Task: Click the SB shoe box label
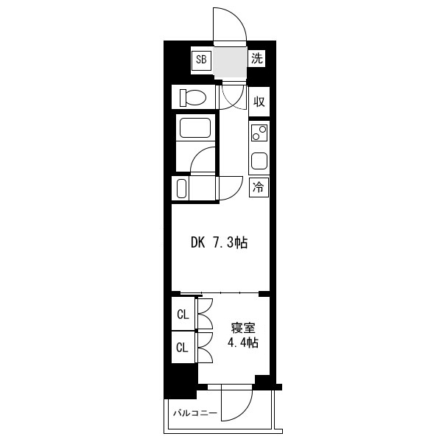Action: pos(201,60)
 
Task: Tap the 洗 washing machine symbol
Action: pos(256,59)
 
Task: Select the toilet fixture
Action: pos(193,97)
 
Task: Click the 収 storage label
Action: pos(259,102)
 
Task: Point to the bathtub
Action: pos(195,128)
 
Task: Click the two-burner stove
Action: pos(259,133)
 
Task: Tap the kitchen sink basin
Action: pos(259,161)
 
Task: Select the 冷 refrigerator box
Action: pos(259,187)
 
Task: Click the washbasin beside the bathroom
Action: pos(182,189)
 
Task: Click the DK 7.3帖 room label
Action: pos(220,242)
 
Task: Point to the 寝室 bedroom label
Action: pos(243,329)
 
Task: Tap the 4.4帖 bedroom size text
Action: pos(243,343)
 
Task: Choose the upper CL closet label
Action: pos(183,315)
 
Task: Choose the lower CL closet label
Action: pos(182,348)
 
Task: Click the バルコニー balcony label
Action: pos(195,413)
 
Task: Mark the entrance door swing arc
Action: pos(237,18)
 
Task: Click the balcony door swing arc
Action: pos(245,412)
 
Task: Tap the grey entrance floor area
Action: pos(230,63)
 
